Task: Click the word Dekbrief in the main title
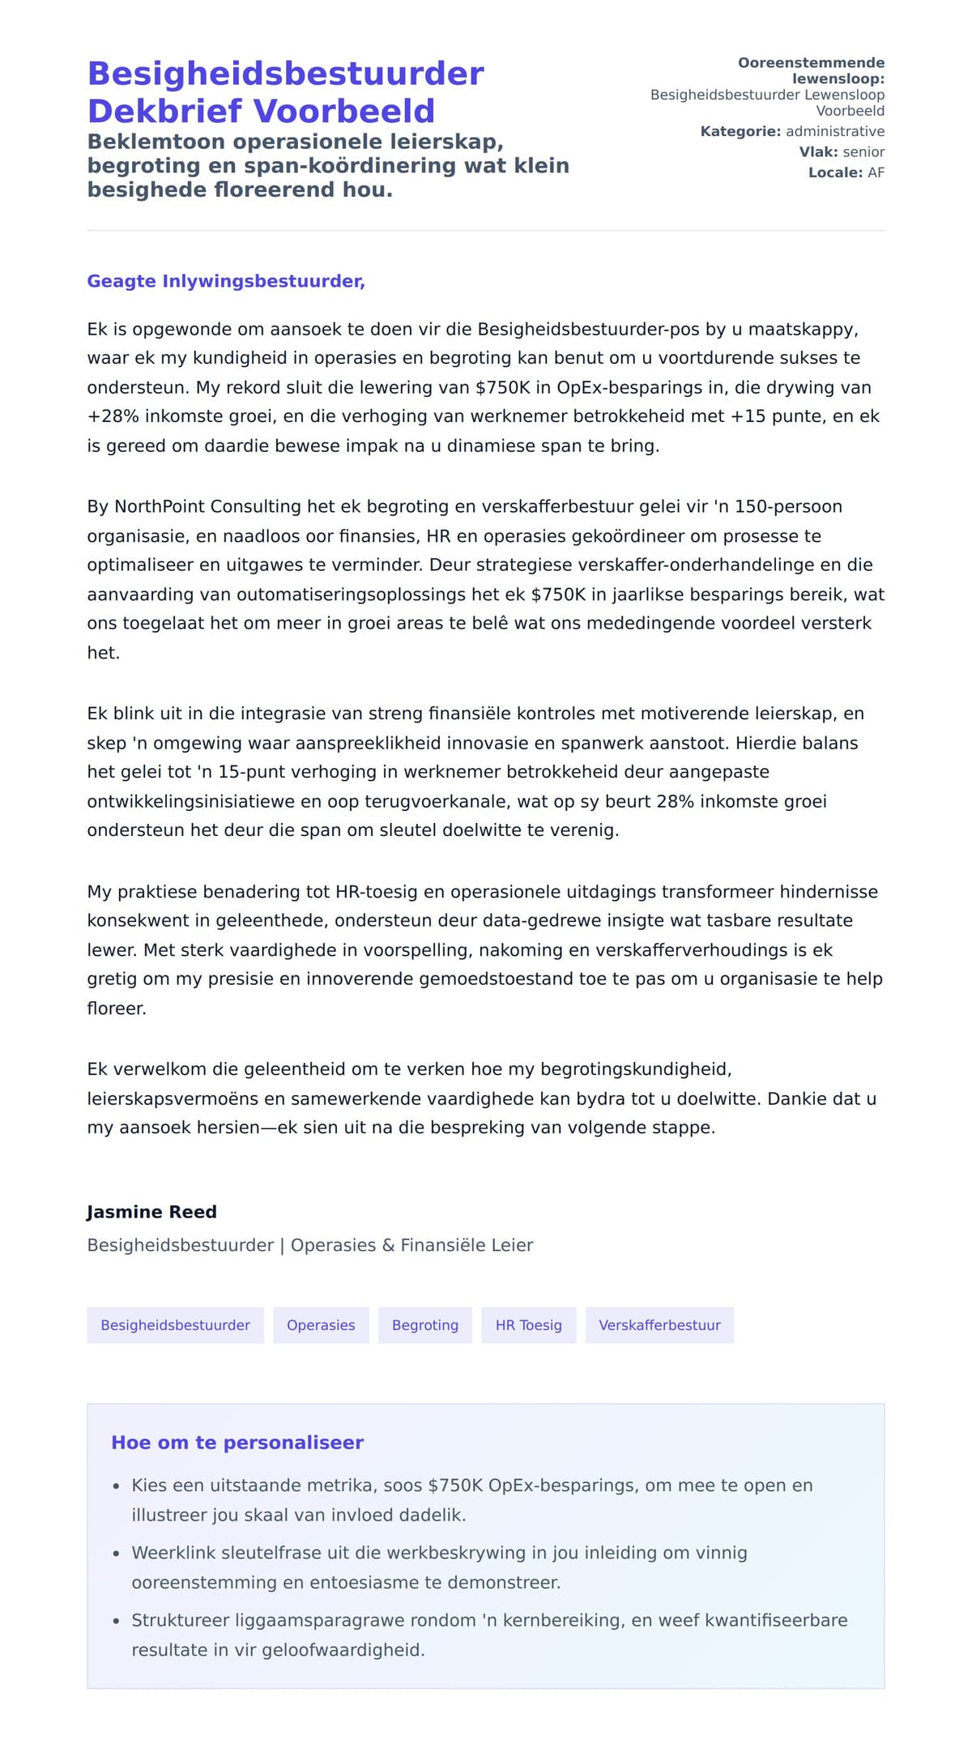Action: click(x=165, y=111)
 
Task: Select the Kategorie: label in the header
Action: click(x=740, y=131)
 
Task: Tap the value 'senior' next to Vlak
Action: click(x=863, y=152)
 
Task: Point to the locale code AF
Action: click(x=876, y=173)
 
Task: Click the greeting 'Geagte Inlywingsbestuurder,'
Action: click(x=226, y=281)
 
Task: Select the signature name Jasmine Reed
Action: click(x=151, y=1212)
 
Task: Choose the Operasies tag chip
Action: click(x=321, y=1325)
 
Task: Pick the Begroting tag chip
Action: click(x=425, y=1325)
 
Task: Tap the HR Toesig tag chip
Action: click(x=528, y=1325)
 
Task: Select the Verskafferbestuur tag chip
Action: click(x=659, y=1325)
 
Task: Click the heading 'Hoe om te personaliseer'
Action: click(x=237, y=1443)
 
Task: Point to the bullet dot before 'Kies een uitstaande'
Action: click(x=117, y=1486)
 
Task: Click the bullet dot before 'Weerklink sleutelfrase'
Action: click(x=117, y=1554)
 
